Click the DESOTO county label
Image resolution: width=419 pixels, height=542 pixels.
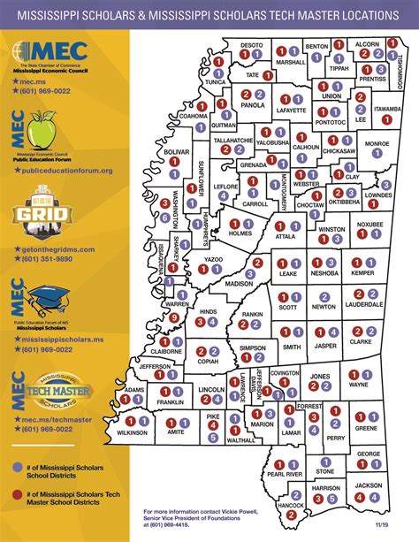252,43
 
